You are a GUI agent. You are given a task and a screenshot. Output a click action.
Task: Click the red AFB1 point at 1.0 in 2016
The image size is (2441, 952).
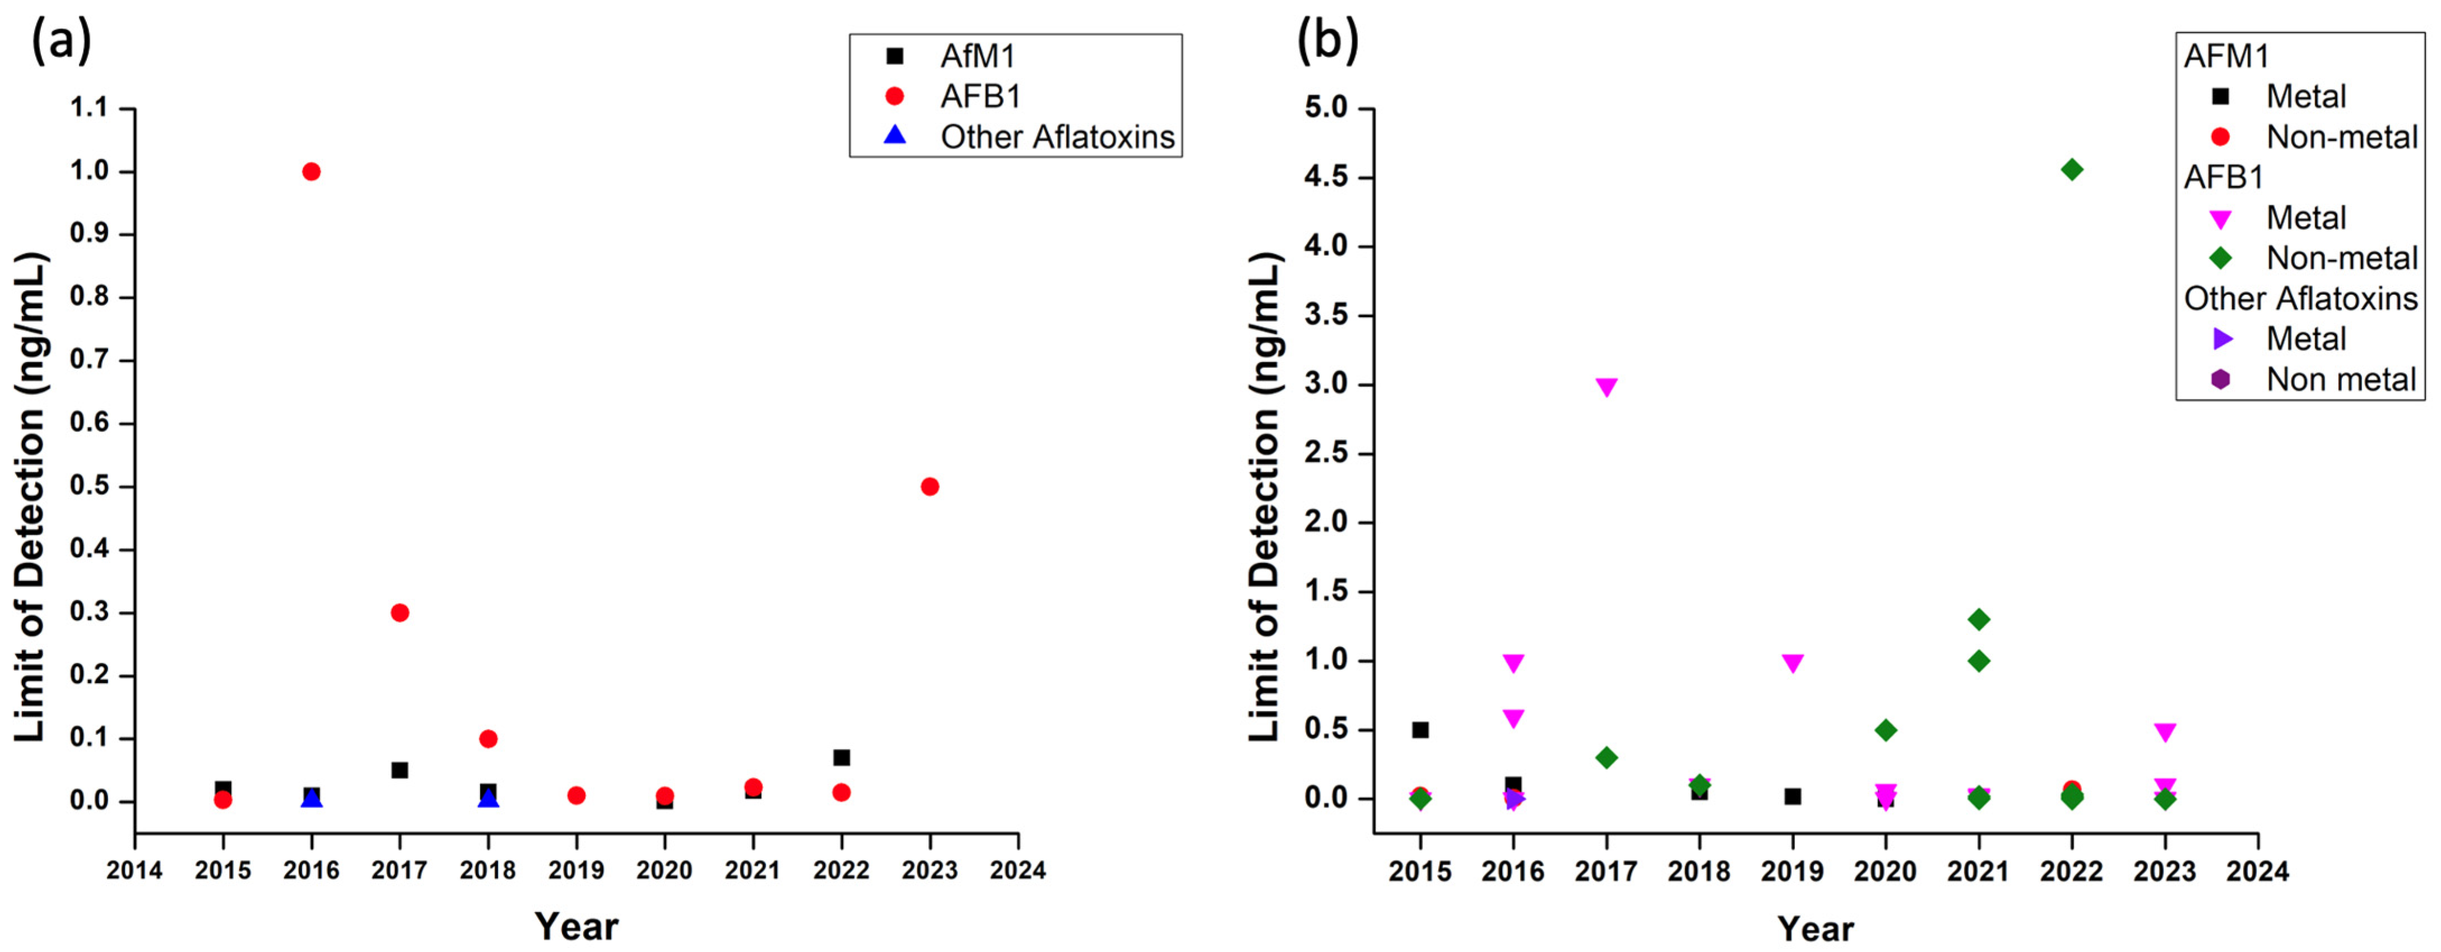(311, 171)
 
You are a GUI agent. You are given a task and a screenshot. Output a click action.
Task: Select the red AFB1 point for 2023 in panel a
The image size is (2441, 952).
(929, 486)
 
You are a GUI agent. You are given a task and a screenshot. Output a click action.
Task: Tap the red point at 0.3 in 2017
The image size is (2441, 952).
(400, 613)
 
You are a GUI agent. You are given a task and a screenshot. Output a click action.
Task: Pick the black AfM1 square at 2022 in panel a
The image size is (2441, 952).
(841, 757)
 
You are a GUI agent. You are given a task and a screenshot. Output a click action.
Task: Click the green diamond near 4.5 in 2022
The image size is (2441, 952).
(2071, 170)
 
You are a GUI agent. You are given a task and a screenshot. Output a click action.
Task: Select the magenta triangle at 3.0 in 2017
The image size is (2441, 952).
(1606, 387)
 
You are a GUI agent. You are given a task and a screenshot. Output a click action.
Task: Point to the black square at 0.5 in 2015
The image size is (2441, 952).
(1420, 730)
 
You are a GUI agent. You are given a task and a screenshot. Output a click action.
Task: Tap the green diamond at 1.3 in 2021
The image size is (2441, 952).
(1979, 620)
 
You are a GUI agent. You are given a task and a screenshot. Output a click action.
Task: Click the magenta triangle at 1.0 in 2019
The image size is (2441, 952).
(1792, 662)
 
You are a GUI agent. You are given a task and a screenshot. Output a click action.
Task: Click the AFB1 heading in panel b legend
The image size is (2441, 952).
(2223, 177)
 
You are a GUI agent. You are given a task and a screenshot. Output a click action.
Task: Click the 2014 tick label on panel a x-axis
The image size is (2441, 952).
(134, 870)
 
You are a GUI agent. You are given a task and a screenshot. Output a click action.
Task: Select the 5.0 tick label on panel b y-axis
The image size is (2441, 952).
(1326, 108)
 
